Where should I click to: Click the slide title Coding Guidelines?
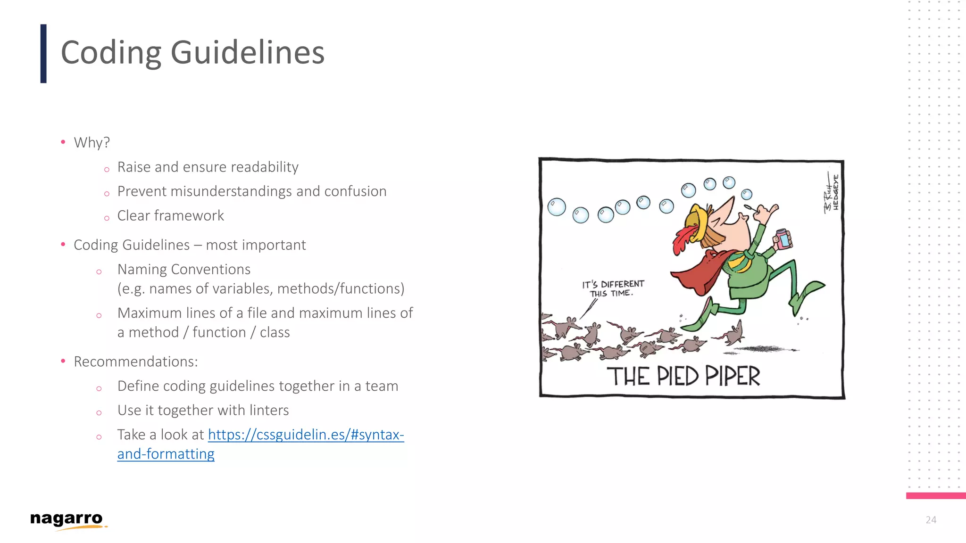point(192,53)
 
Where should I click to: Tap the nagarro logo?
point(67,519)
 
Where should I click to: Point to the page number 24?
point(931,520)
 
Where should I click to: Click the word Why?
point(92,142)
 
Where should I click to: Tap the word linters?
point(270,411)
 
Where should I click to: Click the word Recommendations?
point(136,362)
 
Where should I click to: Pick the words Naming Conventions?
point(184,270)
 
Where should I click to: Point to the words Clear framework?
point(170,216)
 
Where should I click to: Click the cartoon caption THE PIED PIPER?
point(683,377)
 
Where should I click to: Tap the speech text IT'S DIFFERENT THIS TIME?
point(613,288)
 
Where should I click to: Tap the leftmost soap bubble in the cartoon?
point(557,207)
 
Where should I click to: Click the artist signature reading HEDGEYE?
point(835,192)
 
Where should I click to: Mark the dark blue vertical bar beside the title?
point(43,54)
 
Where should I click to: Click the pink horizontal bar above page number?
point(935,495)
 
